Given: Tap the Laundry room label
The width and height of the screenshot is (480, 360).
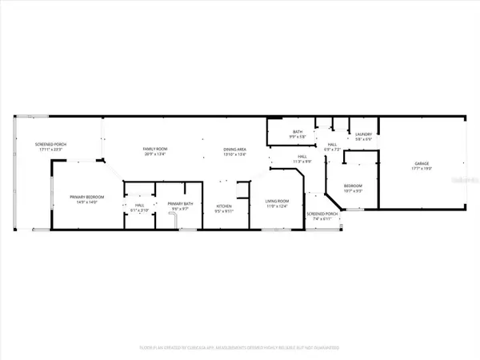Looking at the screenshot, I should (362, 134).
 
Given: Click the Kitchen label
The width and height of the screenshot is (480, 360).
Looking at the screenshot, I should (223, 206).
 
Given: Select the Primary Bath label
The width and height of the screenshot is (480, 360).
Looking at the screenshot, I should (178, 204).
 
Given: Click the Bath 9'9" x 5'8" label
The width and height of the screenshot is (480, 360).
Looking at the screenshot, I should (297, 131).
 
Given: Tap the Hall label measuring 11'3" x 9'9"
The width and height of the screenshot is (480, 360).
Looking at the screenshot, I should (302, 157).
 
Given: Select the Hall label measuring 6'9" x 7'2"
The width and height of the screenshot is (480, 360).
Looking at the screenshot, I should (331, 144).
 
